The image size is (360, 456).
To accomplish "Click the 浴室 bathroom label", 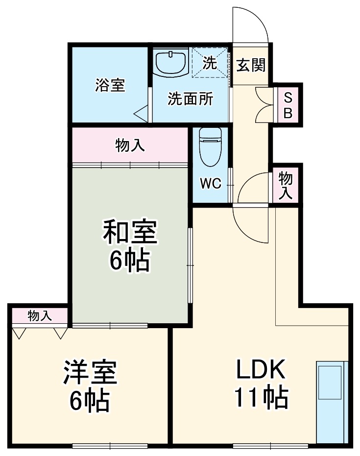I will point(110,85).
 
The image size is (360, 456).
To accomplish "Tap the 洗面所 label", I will point(190,99).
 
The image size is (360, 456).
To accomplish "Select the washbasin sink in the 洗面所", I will point(170,63).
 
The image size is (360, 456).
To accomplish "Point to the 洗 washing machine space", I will point(210,62).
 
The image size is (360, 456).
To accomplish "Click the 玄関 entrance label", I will point(251,65).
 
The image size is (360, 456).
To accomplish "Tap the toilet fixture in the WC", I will point(211,147).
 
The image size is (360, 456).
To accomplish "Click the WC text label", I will point(211,184).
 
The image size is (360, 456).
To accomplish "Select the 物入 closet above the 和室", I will point(130,145).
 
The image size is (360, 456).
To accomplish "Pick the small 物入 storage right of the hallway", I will point(286,185).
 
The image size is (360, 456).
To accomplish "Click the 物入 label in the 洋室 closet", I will point(40,316).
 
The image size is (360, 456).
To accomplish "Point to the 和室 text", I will point(129,233).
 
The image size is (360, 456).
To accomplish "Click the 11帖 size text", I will point(261,398).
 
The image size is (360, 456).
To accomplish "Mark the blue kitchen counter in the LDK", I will point(332,402).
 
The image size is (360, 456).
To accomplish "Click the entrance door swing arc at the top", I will point(251,24).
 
